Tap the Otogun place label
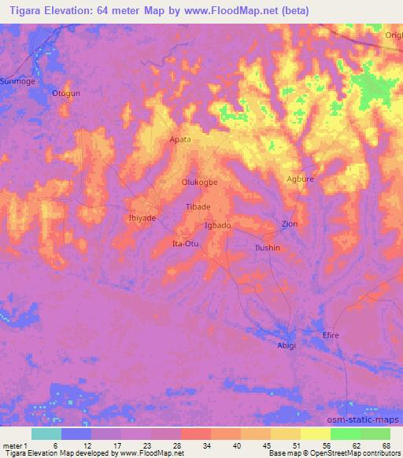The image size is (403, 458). pyautogui.click(x=66, y=94)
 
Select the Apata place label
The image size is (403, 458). pyautogui.click(x=180, y=139)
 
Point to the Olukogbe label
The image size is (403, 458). pyautogui.click(x=200, y=181)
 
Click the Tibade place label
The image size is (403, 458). pyautogui.click(x=198, y=206)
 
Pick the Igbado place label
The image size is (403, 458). pyautogui.click(x=217, y=226)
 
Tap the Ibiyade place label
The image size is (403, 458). pyautogui.click(x=142, y=218)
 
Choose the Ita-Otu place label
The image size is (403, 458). pyautogui.click(x=186, y=244)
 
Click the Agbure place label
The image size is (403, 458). pyautogui.click(x=300, y=179)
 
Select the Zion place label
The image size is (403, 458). pyautogui.click(x=290, y=224)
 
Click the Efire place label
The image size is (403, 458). pyautogui.click(x=331, y=336)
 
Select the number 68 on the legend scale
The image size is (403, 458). pyautogui.click(x=385, y=445)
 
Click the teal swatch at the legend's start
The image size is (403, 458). pyautogui.click(x=46, y=434)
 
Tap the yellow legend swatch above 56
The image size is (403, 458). pyautogui.click(x=315, y=434)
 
